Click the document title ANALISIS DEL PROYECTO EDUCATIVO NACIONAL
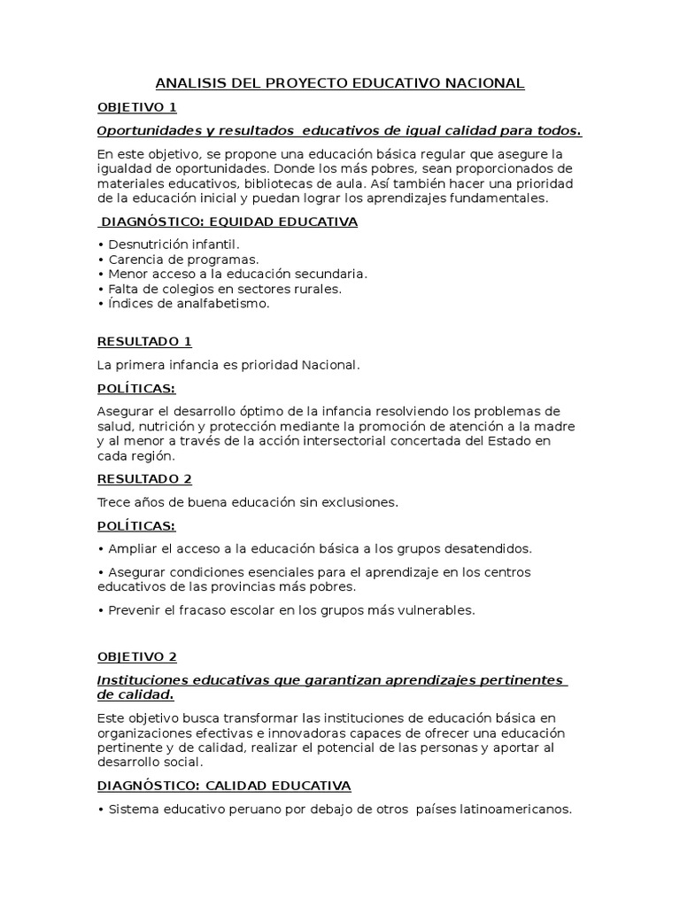click(340, 83)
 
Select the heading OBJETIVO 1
click(137, 107)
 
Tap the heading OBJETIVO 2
click(137, 656)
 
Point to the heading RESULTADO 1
click(144, 341)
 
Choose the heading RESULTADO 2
click(144, 479)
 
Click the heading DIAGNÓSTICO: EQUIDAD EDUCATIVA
click(229, 221)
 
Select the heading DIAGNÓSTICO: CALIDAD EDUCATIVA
click(224, 786)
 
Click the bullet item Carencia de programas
click(182, 259)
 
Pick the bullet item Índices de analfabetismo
click(188, 303)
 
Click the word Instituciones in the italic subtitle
click(142, 680)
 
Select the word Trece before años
click(113, 502)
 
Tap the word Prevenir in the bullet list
click(134, 609)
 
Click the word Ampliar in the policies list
click(132, 548)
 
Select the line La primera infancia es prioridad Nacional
click(229, 364)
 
